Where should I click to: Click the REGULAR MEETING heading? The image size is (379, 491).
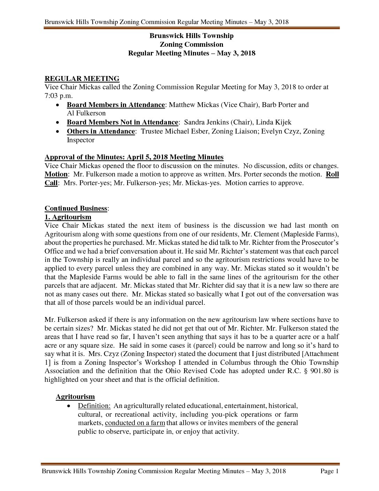point(82,79)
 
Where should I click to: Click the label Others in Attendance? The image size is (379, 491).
point(101,131)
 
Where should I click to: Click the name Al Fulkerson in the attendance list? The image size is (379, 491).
point(86,113)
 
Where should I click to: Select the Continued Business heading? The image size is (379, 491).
point(76,208)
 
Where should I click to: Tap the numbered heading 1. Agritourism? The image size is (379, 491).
point(68,217)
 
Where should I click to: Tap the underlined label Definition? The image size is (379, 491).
point(94,406)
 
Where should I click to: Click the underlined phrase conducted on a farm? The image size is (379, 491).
point(135,423)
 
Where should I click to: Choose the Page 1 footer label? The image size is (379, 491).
point(329,471)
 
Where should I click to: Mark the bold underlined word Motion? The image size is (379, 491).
point(56,174)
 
